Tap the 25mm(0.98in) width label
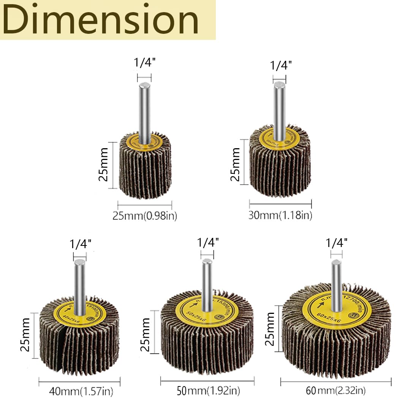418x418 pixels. coord(145,216)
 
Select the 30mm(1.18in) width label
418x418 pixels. coord(280,215)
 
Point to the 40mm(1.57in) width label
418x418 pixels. coord(81,391)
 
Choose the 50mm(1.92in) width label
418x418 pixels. coord(209,390)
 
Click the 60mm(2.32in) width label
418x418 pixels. coord(336,390)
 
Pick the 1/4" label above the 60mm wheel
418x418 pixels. coord(337,242)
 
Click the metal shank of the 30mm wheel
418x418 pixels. coord(280,110)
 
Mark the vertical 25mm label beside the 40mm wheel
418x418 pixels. coord(26,335)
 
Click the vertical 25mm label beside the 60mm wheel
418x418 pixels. coord(270,329)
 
